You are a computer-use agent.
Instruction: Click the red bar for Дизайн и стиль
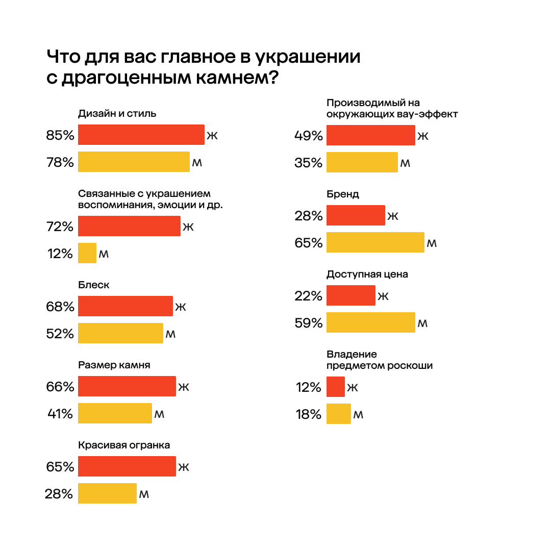141,135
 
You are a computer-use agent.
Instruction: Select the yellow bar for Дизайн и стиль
134,162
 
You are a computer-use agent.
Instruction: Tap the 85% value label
60,136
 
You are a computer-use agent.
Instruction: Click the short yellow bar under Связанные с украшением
87,253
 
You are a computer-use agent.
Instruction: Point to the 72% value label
60,227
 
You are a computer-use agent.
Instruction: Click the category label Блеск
94,285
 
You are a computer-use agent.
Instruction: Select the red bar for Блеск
126,306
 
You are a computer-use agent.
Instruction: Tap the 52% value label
60,334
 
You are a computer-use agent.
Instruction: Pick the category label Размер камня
114,365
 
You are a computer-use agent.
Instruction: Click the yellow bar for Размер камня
115,413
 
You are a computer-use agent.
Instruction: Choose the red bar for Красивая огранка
127,466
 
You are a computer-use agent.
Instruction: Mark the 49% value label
309,136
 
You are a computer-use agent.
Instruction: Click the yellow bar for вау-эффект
362,162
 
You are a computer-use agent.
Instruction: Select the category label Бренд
343,194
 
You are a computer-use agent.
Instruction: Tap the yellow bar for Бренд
375,242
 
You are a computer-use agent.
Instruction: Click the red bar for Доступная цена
351,295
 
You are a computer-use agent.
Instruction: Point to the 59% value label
309,323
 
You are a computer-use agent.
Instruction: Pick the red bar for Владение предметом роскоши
336,387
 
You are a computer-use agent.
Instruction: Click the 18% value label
309,414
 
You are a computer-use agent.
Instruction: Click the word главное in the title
190,57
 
